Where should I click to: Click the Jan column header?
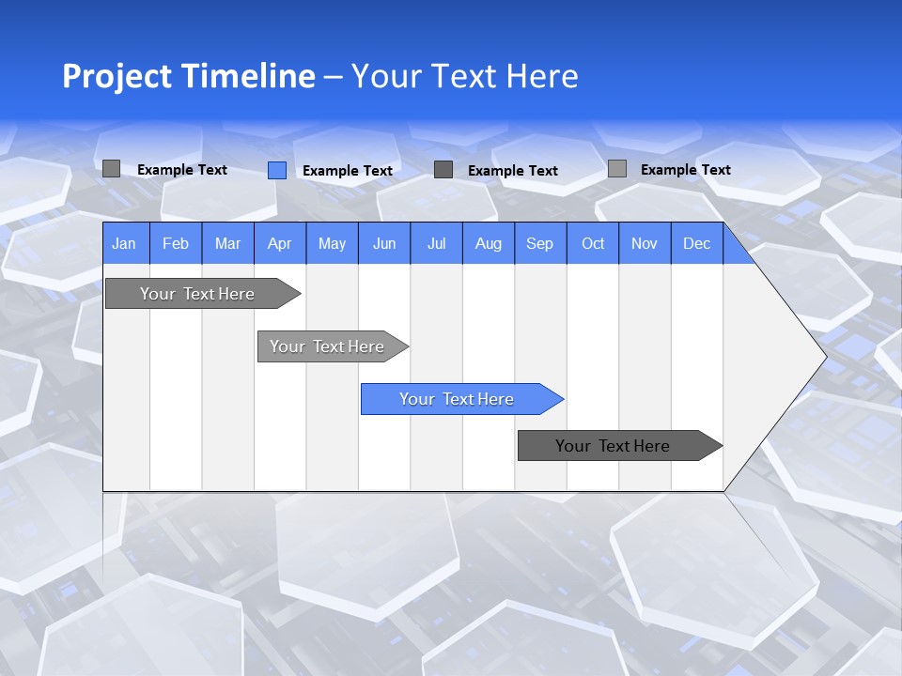pyautogui.click(x=125, y=243)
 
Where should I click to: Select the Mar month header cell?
pyautogui.click(x=227, y=243)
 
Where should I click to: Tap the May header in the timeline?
pyautogui.click(x=332, y=243)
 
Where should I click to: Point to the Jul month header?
pyautogui.click(x=436, y=243)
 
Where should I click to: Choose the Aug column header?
pyautogui.click(x=488, y=243)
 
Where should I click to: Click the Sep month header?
pyautogui.click(x=540, y=243)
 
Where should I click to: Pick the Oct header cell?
pyautogui.click(x=593, y=243)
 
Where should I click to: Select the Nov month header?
pyautogui.click(x=645, y=243)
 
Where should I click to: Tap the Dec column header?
pyautogui.click(x=697, y=243)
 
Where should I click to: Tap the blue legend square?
pyautogui.click(x=277, y=170)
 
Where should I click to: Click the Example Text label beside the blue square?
pyautogui.click(x=348, y=171)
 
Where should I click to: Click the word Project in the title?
pyautogui.click(x=117, y=76)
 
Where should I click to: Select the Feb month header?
pyautogui.click(x=176, y=243)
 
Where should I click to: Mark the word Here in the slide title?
pyautogui.click(x=542, y=76)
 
